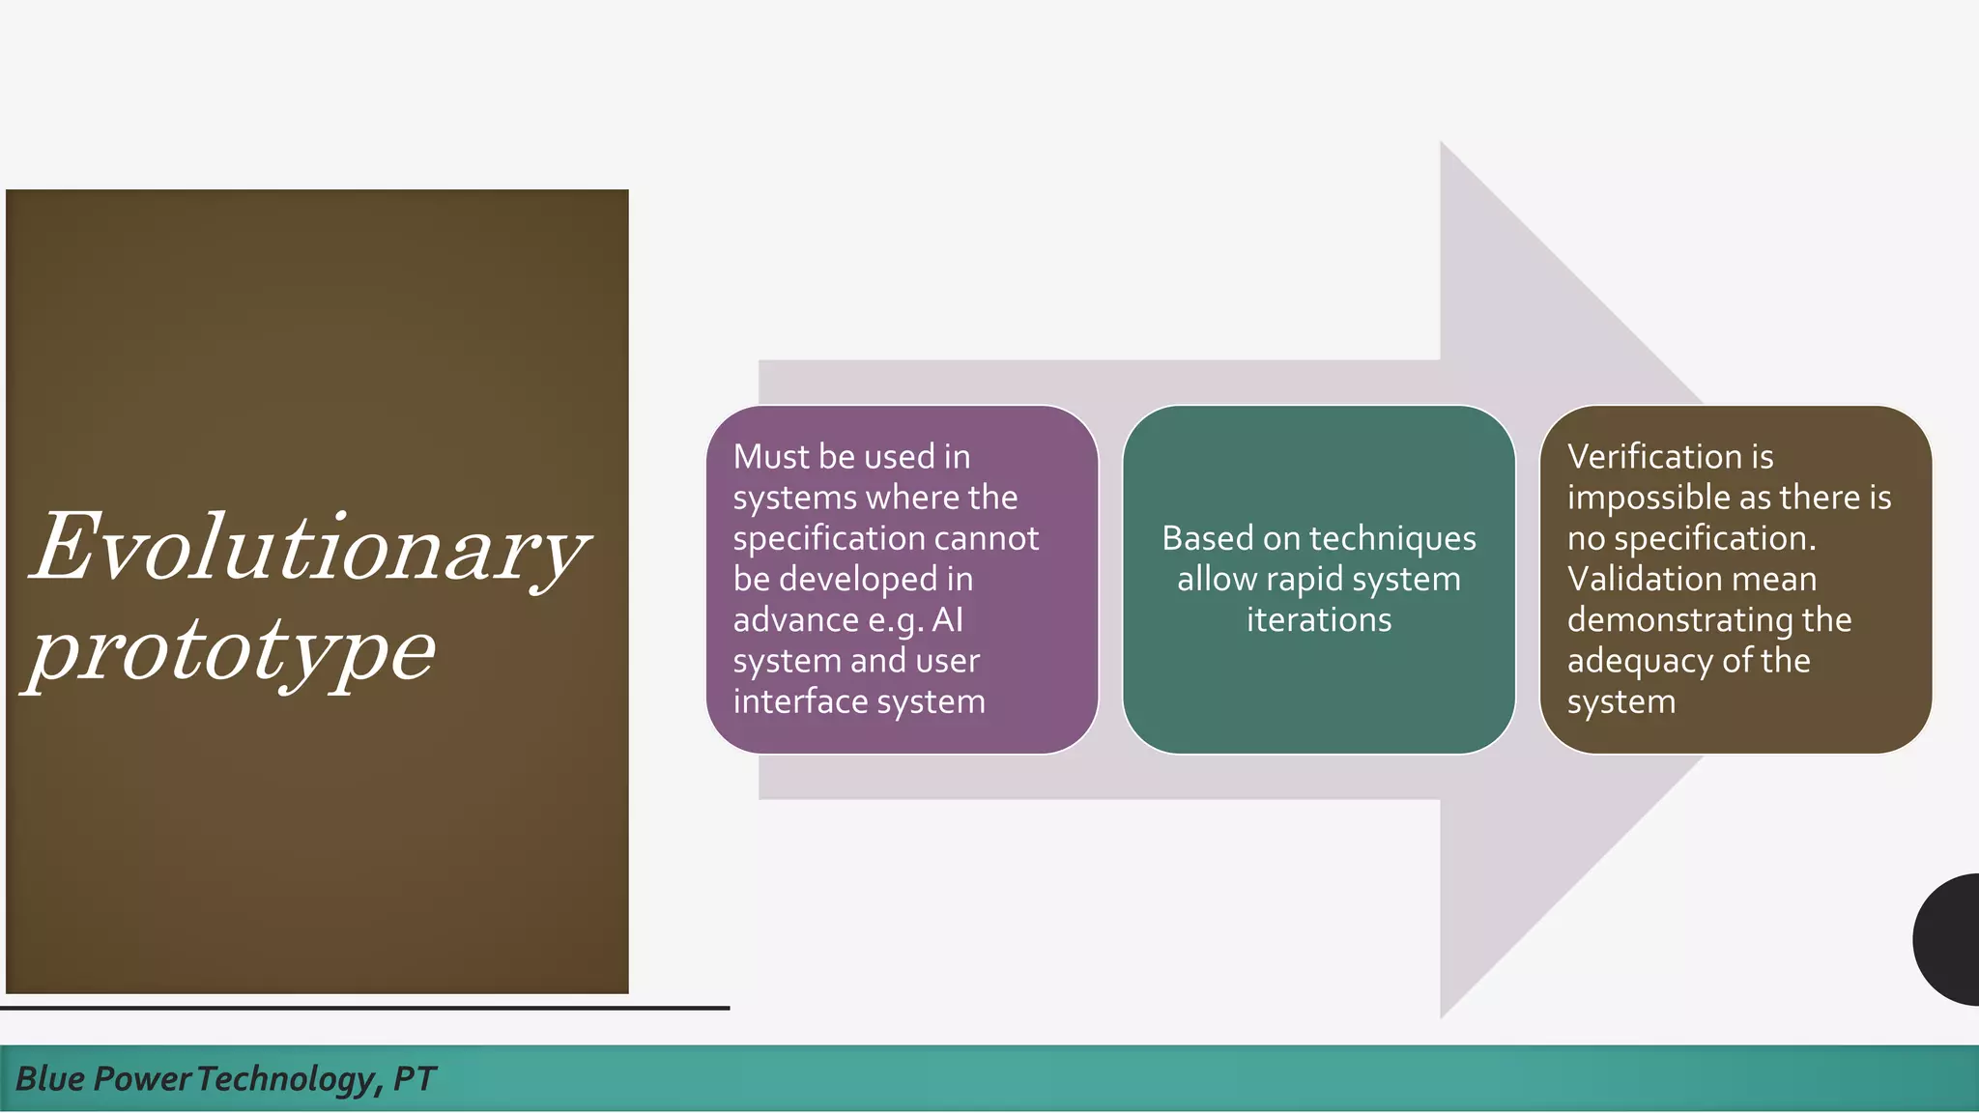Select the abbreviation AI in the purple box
947,619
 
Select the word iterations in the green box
1319,619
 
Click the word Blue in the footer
49,1078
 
